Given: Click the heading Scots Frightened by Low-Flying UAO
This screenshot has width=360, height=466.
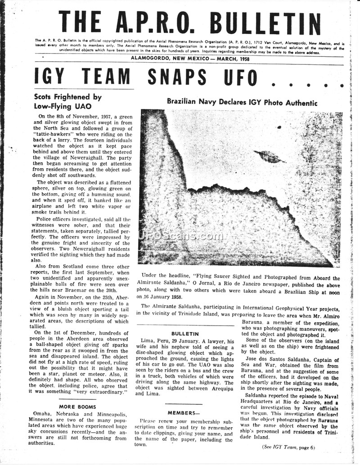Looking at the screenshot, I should (68, 101).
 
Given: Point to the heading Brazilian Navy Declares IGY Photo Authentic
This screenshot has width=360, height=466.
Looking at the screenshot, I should (242, 102).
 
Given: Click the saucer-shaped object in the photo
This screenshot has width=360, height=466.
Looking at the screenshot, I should (270, 157).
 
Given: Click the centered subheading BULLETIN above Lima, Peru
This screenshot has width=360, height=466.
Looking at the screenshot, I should (185, 334).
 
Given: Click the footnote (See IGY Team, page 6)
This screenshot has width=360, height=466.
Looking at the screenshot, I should (288, 447).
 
